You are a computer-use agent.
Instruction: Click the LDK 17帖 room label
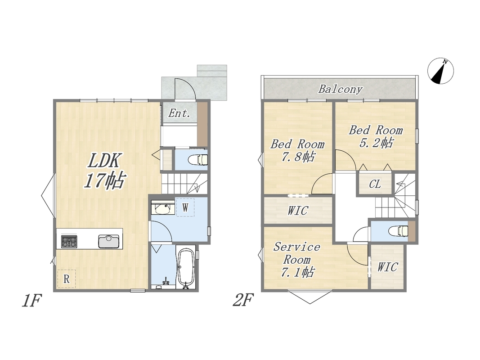pyautogui.click(x=104, y=171)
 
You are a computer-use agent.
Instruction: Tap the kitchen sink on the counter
pyautogui.click(x=109, y=241)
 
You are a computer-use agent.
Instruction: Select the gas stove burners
pyautogui.click(x=69, y=241)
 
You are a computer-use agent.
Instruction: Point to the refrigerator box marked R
pyautogui.click(x=67, y=279)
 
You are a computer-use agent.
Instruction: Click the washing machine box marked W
pyautogui.click(x=185, y=208)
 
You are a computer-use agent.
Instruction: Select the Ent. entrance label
pyautogui.click(x=179, y=113)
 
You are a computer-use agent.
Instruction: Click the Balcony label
pyautogui.click(x=340, y=89)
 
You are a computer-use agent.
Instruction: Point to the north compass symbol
pyautogui.click(x=440, y=71)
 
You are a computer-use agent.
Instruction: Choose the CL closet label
pyautogui.click(x=375, y=184)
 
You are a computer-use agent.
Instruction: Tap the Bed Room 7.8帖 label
pyautogui.click(x=297, y=150)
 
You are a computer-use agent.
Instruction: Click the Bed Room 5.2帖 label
pyautogui.click(x=376, y=136)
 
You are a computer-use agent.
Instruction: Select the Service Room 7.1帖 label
pyautogui.click(x=297, y=259)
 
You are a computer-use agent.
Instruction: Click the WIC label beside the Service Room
pyautogui.click(x=387, y=267)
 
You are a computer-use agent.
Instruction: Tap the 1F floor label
pyautogui.click(x=31, y=300)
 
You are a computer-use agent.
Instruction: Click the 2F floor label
pyautogui.click(x=243, y=300)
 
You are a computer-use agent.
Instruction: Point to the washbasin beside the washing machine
pyautogui.click(x=162, y=208)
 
